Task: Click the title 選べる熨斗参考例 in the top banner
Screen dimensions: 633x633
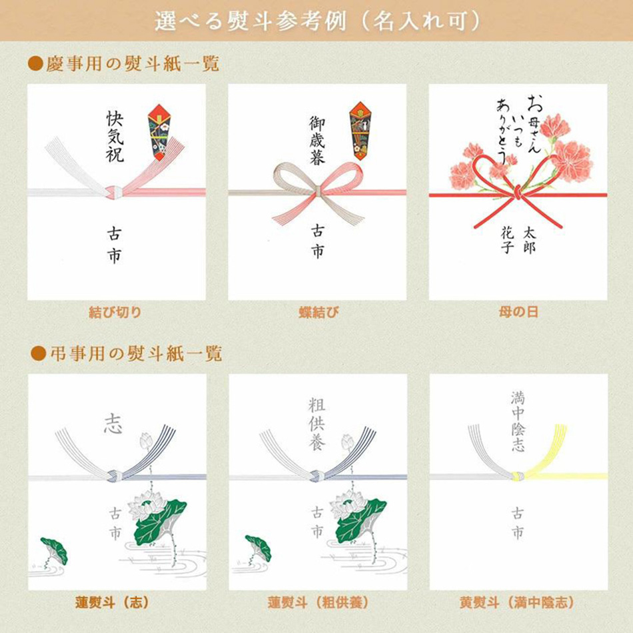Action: pos(251,21)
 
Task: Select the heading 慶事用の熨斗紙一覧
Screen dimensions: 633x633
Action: pos(132,64)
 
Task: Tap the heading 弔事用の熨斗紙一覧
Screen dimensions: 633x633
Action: pos(136,354)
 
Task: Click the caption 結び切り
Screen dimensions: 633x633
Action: pos(115,313)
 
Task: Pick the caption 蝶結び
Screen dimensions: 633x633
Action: pos(318,313)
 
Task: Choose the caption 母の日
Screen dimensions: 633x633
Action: pos(518,312)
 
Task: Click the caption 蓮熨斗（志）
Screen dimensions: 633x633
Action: pos(112,603)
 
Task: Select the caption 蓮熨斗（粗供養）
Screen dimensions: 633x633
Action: pos(318,603)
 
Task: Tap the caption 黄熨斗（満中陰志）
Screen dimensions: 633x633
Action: pos(517,603)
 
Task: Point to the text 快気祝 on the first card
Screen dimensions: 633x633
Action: pos(115,137)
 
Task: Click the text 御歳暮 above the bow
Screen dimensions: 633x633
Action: pos(317,141)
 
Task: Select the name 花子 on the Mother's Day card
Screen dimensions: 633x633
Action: pos(507,240)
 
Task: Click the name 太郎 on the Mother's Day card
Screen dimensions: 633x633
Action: pos(529,240)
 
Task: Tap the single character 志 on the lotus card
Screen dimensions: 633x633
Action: pos(113,424)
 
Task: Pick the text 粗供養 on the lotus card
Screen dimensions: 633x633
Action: pos(317,424)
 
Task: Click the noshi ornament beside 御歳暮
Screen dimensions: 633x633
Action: pos(360,131)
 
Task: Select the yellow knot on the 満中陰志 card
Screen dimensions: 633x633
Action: pos(518,476)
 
